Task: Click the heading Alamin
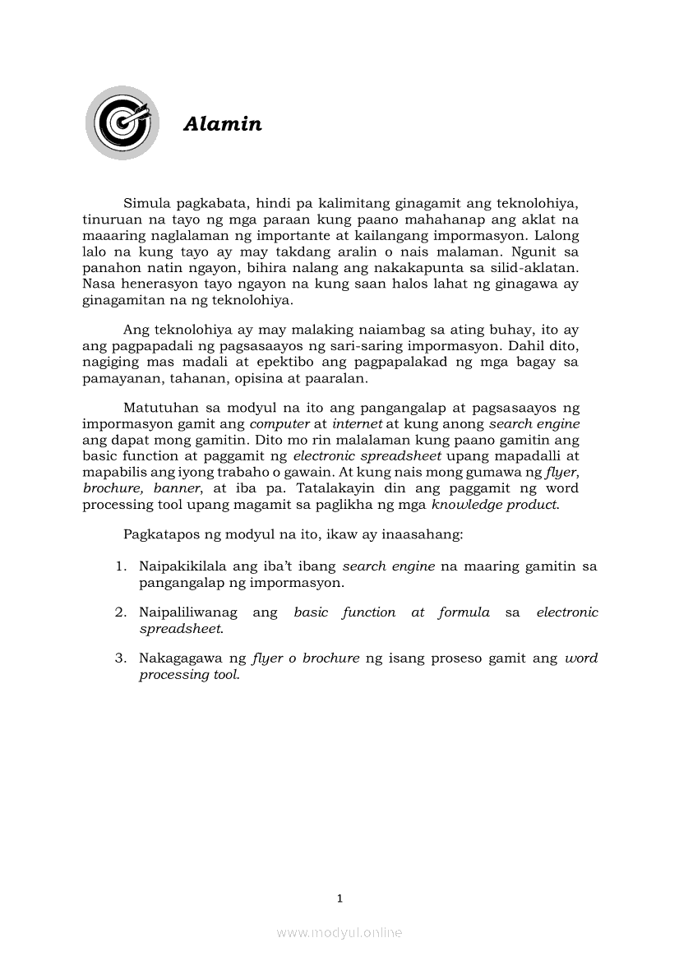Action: coord(223,124)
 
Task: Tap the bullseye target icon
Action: coord(122,123)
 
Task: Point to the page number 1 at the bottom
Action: coord(339,899)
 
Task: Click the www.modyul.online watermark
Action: coord(339,932)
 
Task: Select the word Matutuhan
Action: coord(161,409)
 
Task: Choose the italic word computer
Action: coord(279,424)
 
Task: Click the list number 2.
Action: coord(120,612)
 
